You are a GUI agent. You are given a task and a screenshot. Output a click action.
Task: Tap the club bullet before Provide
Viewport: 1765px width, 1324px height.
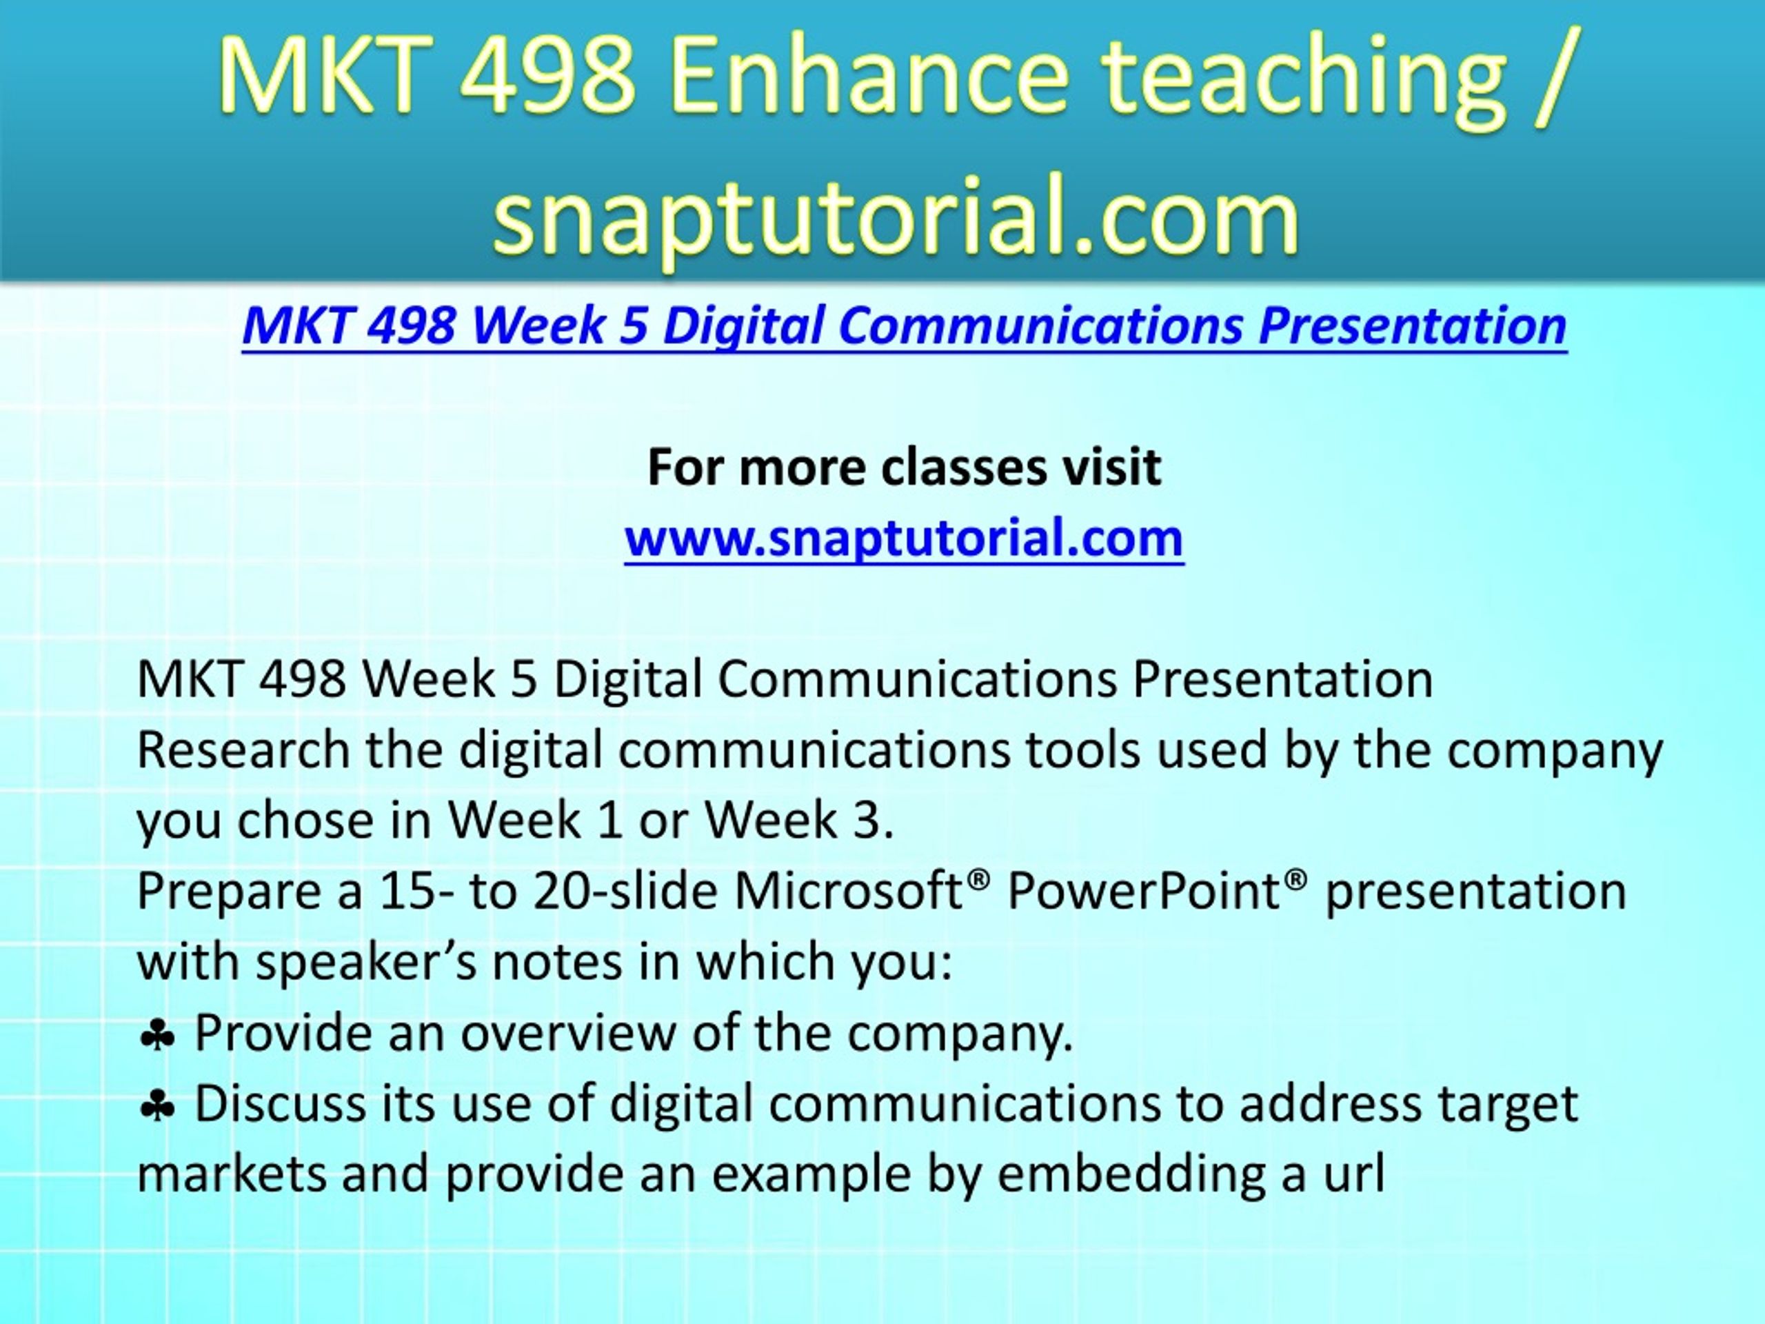point(157,1036)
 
